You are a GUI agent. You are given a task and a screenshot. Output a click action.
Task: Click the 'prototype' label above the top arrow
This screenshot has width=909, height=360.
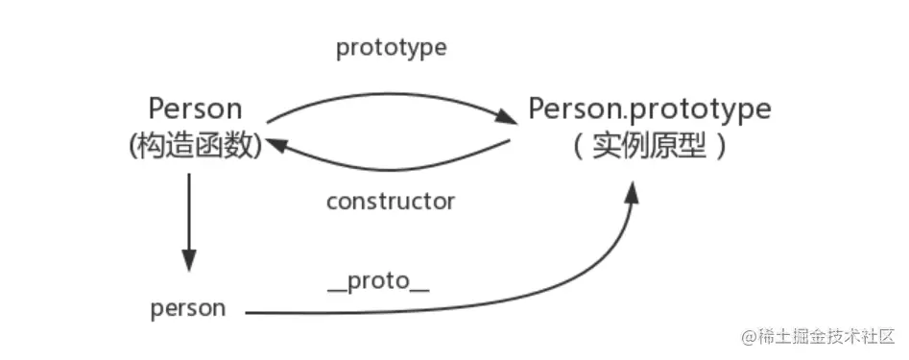(391, 49)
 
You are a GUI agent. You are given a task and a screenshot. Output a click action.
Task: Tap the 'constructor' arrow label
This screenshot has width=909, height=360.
(390, 202)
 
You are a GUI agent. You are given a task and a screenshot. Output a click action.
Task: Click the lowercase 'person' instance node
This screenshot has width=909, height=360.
(188, 308)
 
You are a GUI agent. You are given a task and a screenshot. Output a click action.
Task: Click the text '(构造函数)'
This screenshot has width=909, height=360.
(194, 146)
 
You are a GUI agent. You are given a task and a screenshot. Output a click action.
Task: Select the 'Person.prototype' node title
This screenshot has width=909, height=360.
(649, 108)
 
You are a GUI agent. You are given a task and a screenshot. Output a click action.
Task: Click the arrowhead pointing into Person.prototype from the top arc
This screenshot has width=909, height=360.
(506, 118)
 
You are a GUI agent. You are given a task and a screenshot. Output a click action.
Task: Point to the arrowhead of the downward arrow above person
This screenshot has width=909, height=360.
(189, 260)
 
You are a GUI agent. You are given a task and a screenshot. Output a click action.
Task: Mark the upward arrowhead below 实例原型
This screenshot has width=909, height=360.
(631, 192)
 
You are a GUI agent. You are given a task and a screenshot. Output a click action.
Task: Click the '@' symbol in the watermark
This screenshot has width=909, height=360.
(748, 337)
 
